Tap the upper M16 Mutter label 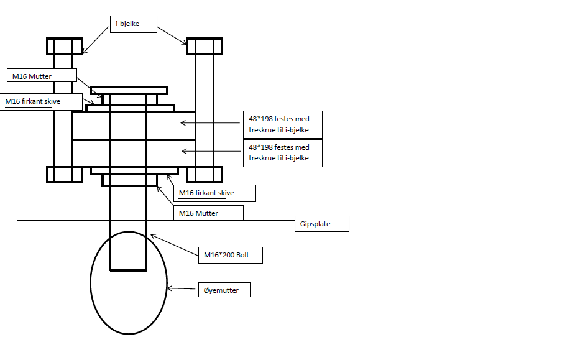(x=42, y=76)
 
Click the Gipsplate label (x=321, y=224)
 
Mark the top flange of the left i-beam (x=65, y=46)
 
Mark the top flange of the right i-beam (x=205, y=46)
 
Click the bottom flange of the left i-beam (x=65, y=174)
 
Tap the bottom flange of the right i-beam (x=205, y=174)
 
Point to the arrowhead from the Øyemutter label (x=170, y=288)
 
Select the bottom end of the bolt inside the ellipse (x=129, y=270)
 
